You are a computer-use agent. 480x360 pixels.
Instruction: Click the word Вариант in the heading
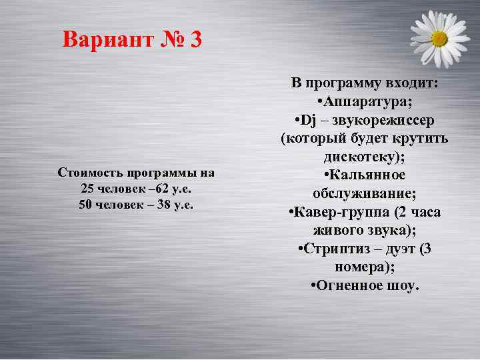coord(107,40)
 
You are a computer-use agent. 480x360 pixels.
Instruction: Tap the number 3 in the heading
coord(195,40)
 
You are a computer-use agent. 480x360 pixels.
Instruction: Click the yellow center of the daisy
coord(439,39)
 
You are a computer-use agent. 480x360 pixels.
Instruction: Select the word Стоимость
coord(89,173)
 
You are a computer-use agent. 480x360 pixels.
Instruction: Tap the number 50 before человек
coord(85,204)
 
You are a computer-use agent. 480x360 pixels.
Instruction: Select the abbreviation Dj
coord(309,120)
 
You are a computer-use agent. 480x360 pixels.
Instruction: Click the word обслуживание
coord(365,194)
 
